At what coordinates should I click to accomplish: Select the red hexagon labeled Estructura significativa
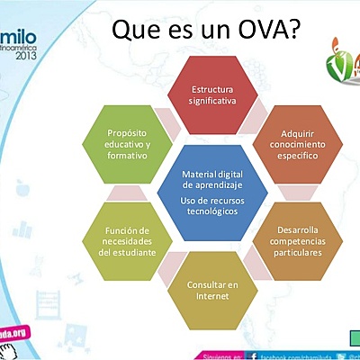pyautogui.click(x=212, y=95)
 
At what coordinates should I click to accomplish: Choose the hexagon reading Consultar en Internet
pyautogui.click(x=212, y=290)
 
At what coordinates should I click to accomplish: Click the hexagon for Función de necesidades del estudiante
pyautogui.click(x=127, y=241)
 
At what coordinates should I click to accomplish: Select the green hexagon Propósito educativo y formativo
pyautogui.click(x=127, y=143)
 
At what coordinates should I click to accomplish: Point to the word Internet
pyautogui.click(x=212, y=296)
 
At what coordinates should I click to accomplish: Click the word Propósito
pyautogui.click(x=128, y=131)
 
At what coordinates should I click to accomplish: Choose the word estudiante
pyautogui.click(x=127, y=253)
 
